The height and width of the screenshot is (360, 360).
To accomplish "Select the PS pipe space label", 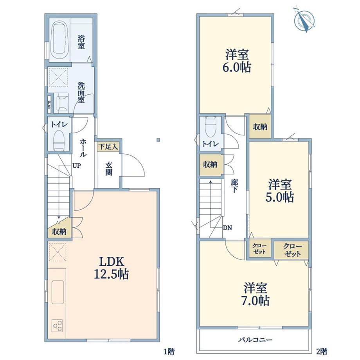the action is (x=49, y=105).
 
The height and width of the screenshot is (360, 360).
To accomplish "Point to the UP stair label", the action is (x=77, y=166).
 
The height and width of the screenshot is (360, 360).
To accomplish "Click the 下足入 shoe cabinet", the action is (x=108, y=147).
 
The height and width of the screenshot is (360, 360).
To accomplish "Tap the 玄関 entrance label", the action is (x=109, y=169).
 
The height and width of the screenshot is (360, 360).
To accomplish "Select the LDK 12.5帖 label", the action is (x=112, y=268).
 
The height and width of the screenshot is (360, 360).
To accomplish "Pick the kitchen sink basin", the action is (x=58, y=292).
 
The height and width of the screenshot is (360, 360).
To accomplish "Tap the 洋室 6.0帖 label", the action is (x=236, y=61).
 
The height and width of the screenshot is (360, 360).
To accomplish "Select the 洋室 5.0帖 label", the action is (x=280, y=191).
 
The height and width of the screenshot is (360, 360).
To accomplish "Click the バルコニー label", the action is (x=255, y=339).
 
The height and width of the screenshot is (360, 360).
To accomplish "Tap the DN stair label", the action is (x=227, y=228).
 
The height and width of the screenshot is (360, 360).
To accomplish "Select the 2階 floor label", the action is (x=321, y=351).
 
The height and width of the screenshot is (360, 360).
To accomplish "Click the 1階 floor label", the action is (x=169, y=351).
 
